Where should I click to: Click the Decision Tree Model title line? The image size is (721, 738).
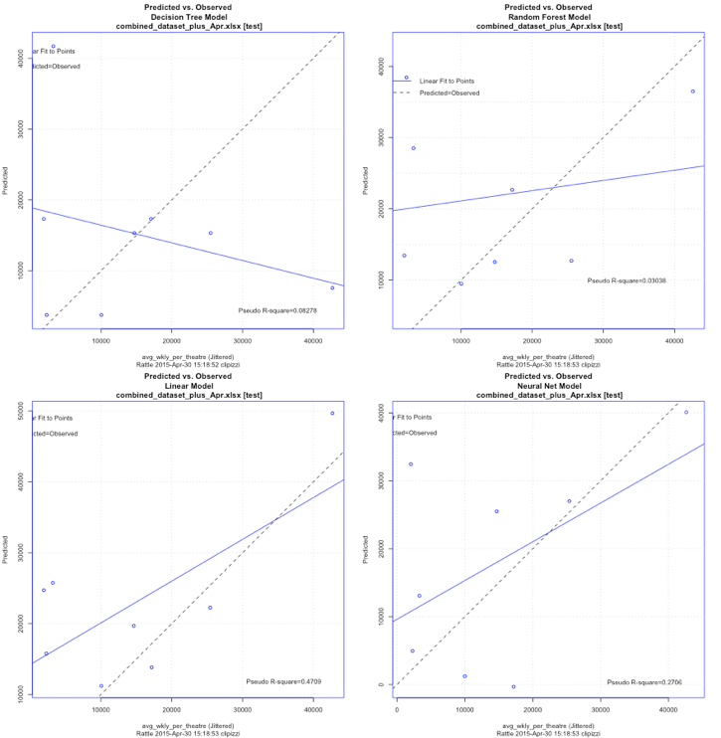[187, 17]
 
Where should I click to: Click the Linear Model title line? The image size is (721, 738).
[187, 386]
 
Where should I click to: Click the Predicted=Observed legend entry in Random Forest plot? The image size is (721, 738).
[450, 92]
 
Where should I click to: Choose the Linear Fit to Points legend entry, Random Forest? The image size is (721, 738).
[447, 80]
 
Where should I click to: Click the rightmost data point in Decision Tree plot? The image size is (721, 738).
[332, 287]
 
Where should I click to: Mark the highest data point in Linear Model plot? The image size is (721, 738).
[332, 413]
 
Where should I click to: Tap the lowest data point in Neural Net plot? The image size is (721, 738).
[513, 686]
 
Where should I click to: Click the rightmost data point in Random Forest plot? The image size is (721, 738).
[692, 92]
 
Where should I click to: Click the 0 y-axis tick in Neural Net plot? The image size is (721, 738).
[380, 684]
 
